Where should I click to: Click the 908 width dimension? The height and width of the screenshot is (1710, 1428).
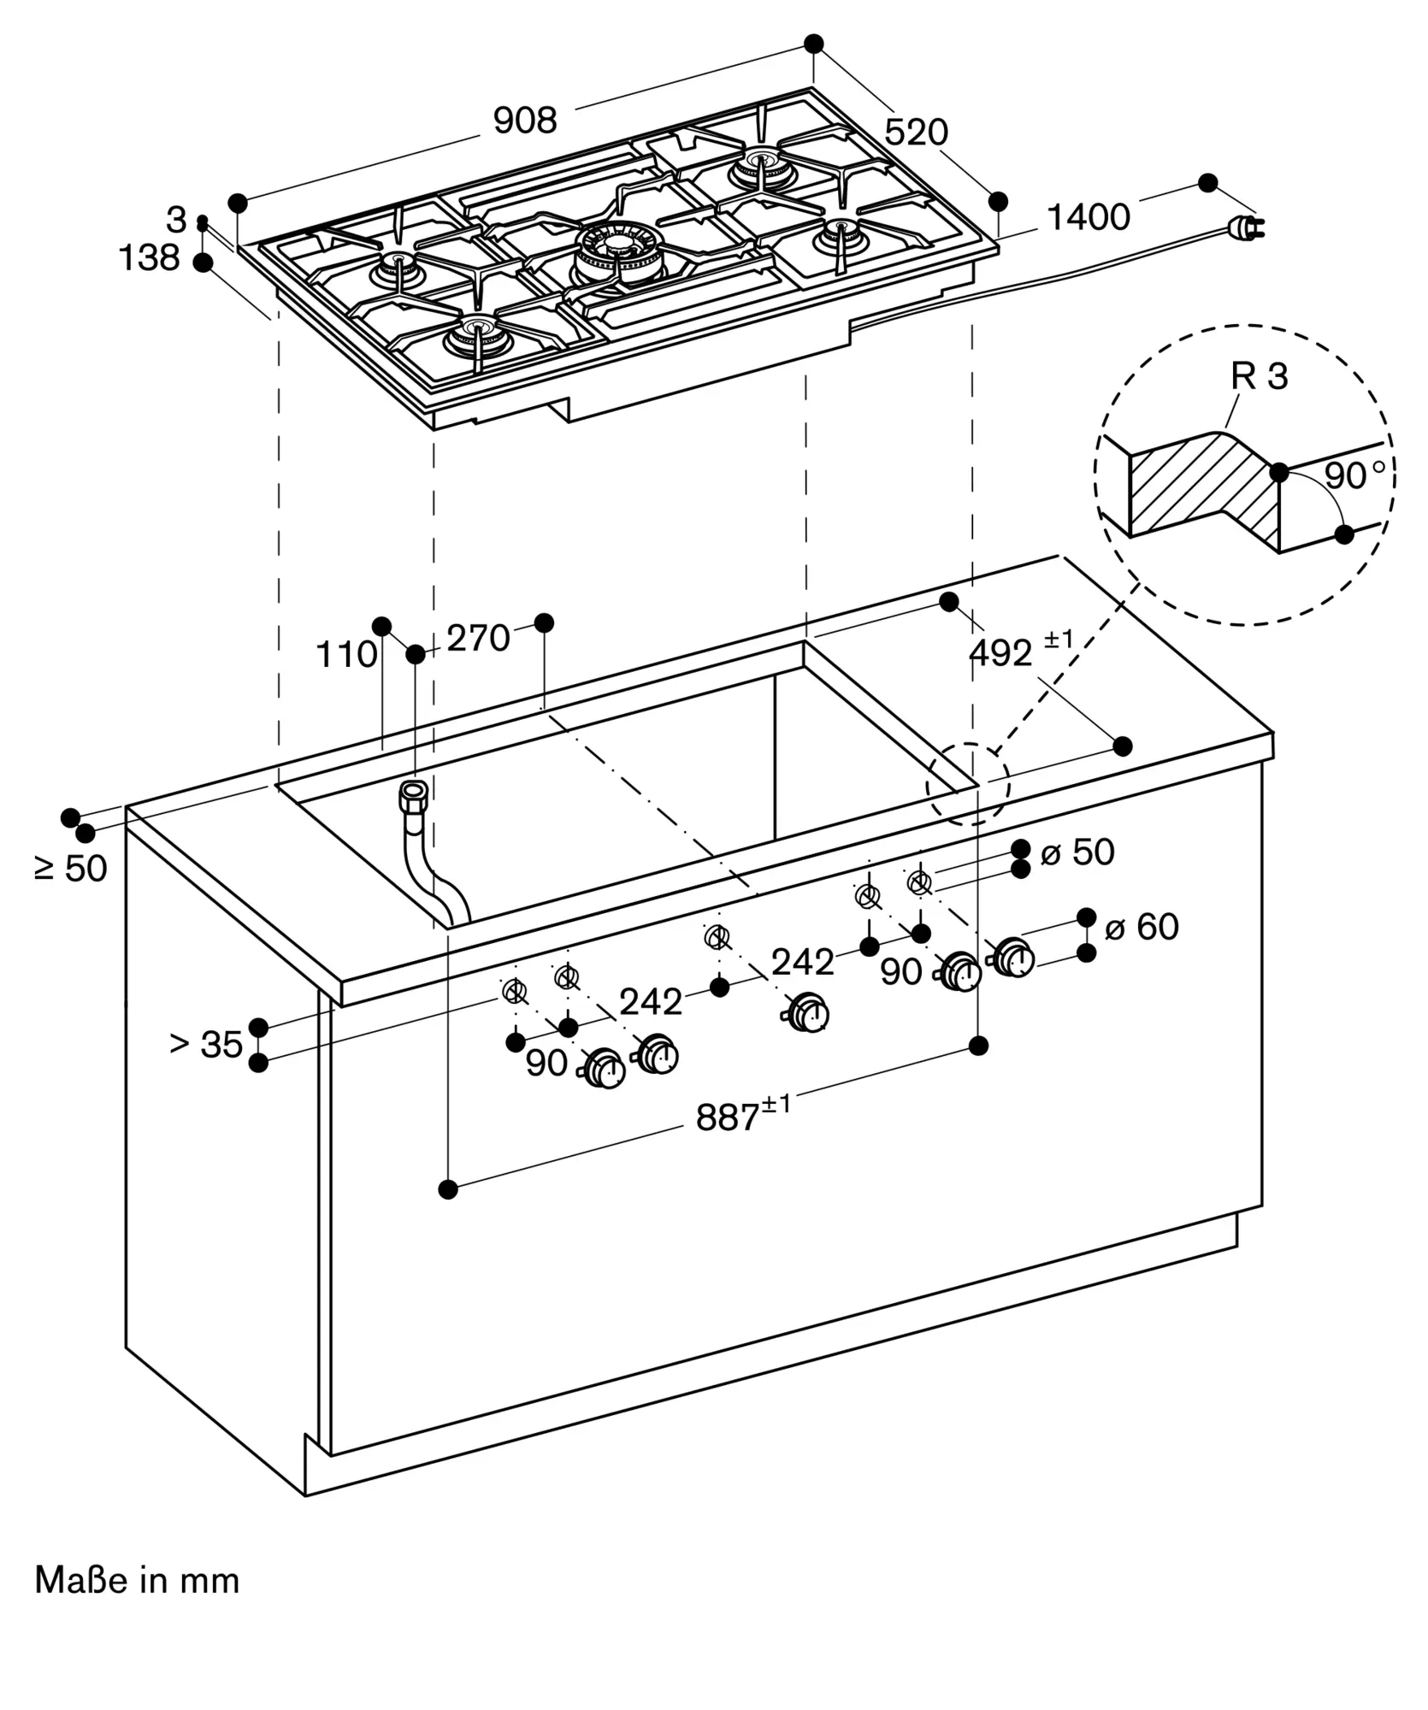(525, 121)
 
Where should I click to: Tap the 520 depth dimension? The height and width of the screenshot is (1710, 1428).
(916, 133)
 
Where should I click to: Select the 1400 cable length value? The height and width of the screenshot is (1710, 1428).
(1089, 217)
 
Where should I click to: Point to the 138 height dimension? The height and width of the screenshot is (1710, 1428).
(149, 257)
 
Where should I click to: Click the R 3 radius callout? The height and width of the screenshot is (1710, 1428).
(1259, 376)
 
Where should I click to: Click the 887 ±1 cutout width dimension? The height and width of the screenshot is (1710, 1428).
(743, 1114)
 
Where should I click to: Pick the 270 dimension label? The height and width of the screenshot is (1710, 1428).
(478, 639)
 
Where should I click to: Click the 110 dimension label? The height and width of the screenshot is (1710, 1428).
(346, 655)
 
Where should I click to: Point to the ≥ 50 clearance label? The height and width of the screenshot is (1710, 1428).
(71, 869)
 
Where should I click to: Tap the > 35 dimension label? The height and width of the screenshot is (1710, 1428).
(206, 1044)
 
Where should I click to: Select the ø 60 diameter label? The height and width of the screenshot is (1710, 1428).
(1142, 927)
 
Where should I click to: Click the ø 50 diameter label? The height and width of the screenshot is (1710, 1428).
(1077, 852)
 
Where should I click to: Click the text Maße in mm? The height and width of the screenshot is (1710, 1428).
(137, 1580)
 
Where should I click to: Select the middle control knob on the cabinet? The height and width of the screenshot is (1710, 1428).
(806, 1013)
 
